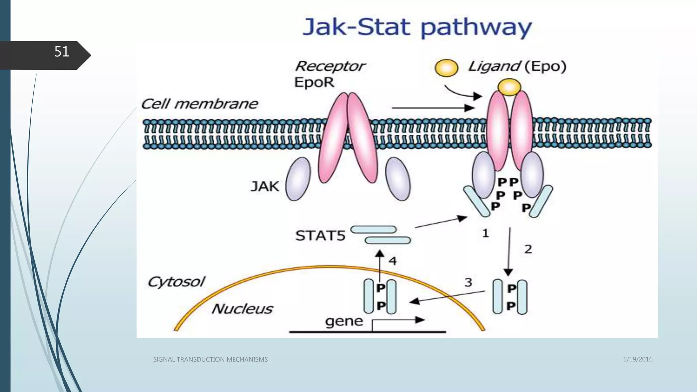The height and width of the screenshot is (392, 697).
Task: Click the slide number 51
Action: [x=62, y=52]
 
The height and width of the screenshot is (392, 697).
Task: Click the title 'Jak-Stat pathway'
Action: [x=417, y=27]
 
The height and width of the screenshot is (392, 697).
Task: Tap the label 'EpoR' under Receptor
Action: [x=314, y=82]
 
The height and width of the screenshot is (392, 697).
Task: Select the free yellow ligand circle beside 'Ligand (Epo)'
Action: [x=446, y=68]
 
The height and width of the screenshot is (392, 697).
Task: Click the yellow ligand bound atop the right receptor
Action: [x=509, y=87]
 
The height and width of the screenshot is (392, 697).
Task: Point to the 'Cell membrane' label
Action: [x=199, y=104]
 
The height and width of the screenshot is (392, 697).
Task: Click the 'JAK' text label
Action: [x=265, y=186]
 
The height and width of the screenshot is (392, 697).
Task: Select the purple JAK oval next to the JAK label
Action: [x=298, y=179]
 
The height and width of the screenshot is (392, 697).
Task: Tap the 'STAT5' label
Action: [x=320, y=235]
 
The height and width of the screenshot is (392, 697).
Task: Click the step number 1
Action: [x=485, y=233]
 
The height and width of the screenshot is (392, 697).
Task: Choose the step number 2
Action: [x=528, y=249]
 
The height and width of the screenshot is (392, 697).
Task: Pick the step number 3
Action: [x=468, y=282]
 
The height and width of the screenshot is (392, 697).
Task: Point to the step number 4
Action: [x=393, y=261]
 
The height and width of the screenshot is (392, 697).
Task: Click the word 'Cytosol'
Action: [x=176, y=282]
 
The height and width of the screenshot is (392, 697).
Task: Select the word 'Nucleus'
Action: [x=242, y=309]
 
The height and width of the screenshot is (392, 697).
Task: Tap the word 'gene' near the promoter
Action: [x=344, y=321]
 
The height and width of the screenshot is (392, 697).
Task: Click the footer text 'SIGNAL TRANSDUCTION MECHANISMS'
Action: [x=210, y=359]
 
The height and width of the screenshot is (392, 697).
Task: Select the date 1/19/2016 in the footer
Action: [x=637, y=359]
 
